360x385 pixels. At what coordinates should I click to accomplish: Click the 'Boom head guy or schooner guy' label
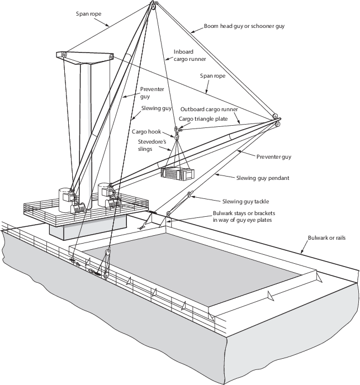[244, 26]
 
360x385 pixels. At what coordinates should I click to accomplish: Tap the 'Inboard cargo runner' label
[190, 55]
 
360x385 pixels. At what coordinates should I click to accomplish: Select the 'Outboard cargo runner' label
[209, 109]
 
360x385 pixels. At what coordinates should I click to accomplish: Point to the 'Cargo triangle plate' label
[203, 119]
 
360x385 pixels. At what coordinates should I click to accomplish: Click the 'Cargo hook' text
[146, 132]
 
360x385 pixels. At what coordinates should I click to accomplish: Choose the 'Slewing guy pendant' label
[263, 178]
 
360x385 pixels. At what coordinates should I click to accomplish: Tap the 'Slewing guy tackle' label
[245, 201]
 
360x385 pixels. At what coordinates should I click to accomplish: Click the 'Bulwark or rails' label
[326, 237]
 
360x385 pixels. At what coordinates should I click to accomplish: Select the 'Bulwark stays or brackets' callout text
[244, 216]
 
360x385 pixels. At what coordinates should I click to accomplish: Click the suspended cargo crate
[177, 174]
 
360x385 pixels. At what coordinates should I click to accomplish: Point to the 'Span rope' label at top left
[88, 14]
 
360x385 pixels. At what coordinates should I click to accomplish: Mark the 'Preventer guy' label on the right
[274, 156]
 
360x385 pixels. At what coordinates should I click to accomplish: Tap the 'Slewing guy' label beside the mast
[156, 108]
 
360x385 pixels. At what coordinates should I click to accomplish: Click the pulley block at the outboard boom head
[276, 120]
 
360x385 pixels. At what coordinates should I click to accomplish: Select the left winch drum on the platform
[78, 208]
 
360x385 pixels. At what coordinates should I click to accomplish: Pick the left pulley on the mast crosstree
[65, 55]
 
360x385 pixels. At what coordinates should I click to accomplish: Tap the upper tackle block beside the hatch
[107, 252]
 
